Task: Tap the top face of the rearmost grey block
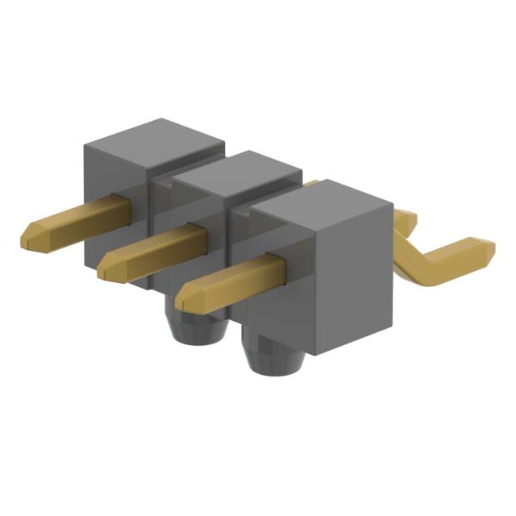coord(154,137)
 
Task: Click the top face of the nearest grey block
coord(322,202)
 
